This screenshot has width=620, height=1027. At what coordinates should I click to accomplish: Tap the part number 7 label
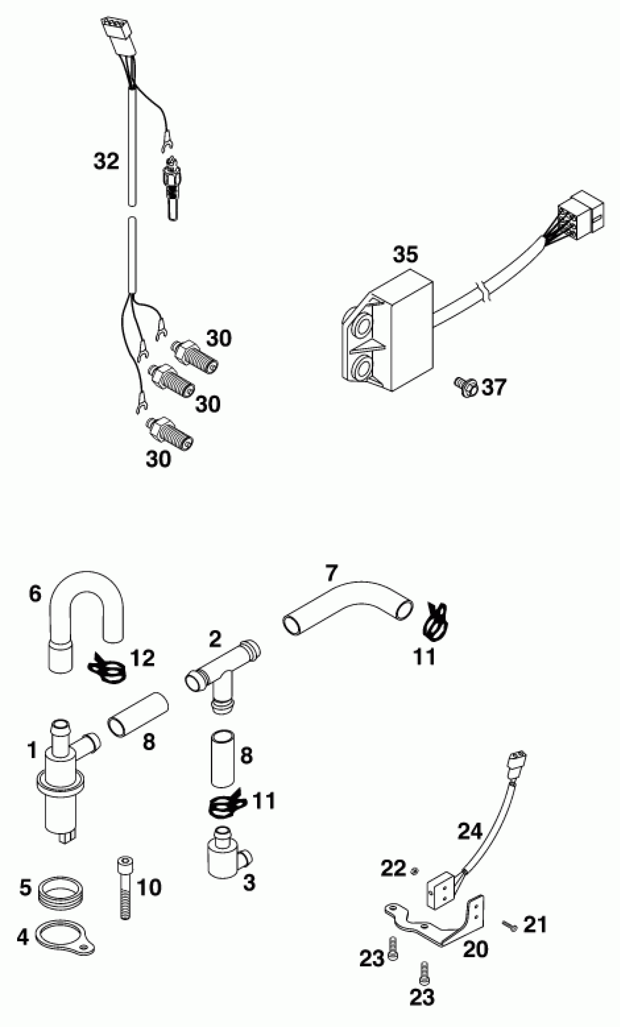pyautogui.click(x=331, y=573)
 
